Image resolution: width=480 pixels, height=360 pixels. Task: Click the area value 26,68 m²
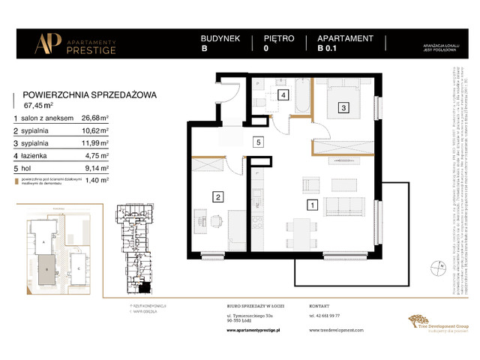95,118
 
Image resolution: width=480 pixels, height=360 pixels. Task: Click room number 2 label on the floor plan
217,197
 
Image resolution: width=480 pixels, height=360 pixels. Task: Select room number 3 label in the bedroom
343,108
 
